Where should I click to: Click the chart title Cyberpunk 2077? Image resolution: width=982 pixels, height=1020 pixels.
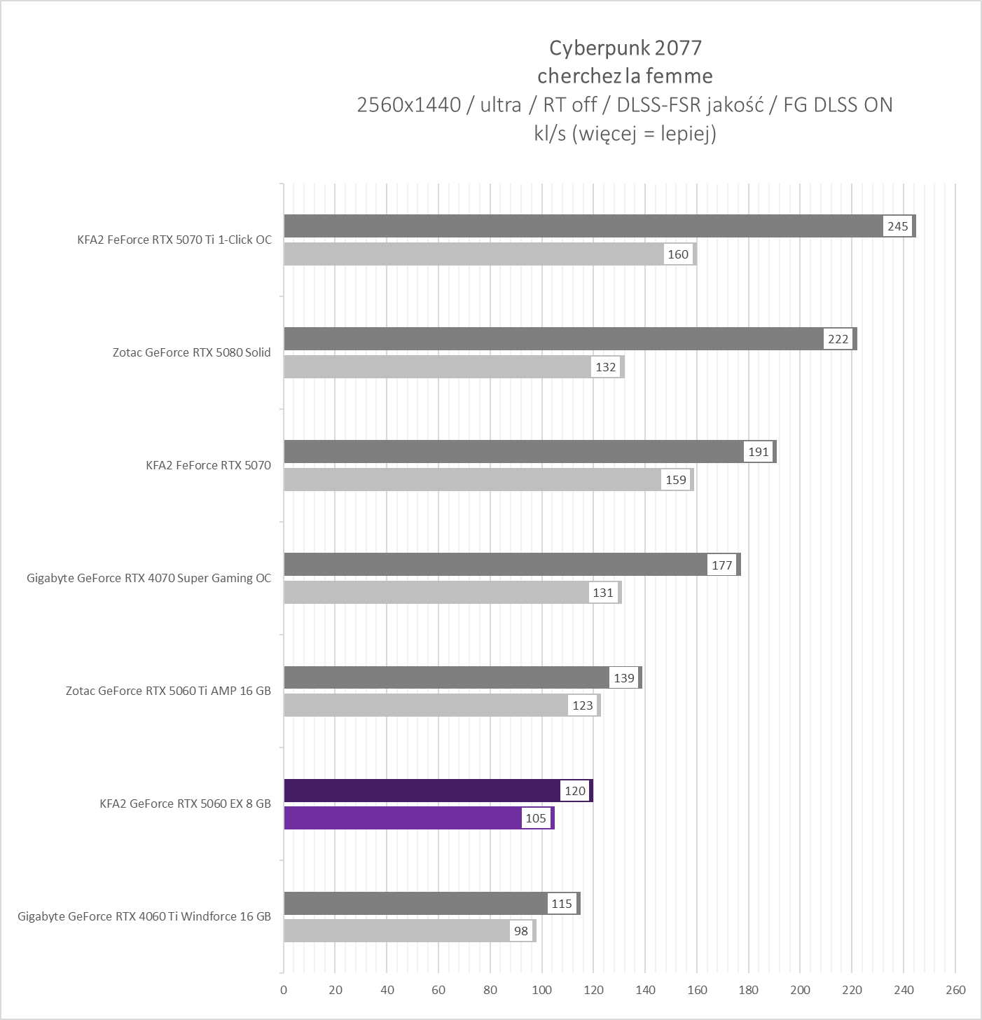click(x=625, y=48)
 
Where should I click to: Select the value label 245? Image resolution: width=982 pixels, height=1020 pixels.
click(x=897, y=226)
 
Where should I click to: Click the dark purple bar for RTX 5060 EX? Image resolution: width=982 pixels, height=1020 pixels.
click(x=420, y=790)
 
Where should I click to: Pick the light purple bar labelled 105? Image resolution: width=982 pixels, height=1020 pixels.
click(x=403, y=818)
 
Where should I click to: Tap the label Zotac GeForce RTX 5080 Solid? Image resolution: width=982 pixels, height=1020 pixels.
click(x=191, y=352)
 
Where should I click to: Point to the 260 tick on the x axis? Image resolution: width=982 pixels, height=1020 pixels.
click(x=955, y=990)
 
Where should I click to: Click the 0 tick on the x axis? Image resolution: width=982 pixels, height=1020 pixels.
click(x=284, y=990)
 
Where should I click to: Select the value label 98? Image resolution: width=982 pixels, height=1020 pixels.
click(x=521, y=931)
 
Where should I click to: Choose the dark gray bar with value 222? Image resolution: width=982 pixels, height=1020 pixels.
click(x=553, y=339)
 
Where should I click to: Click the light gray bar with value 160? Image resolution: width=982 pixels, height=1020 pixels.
click(x=473, y=254)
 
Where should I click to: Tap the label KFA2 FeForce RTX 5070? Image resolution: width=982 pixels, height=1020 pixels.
click(x=208, y=465)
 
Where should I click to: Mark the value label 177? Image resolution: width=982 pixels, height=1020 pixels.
click(x=721, y=565)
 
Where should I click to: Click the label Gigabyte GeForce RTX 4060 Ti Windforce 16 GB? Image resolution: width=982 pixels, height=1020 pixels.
click(x=144, y=916)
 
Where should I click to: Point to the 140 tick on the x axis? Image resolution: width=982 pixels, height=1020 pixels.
click(x=645, y=990)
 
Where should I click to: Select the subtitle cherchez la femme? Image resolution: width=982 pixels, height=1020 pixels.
click(x=625, y=76)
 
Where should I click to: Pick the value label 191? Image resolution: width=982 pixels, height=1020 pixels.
click(x=759, y=452)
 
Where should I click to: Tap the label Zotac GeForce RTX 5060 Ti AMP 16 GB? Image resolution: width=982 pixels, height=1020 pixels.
click(x=168, y=691)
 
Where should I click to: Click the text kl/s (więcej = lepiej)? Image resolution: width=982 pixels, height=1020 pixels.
click(x=625, y=133)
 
